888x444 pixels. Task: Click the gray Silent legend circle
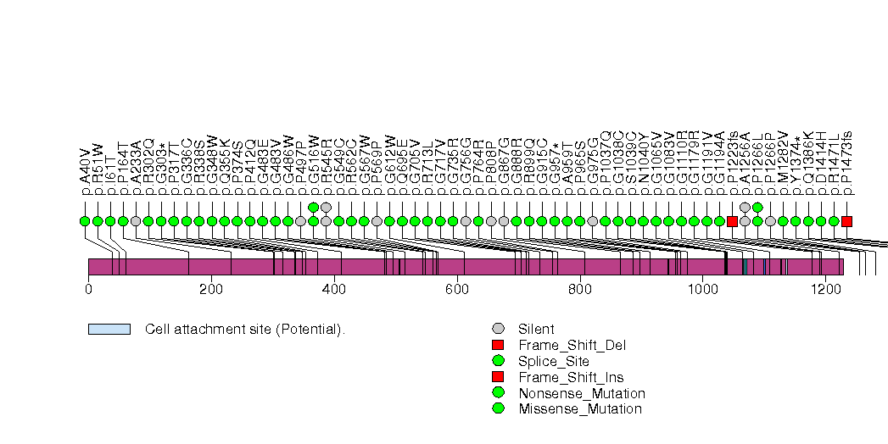click(498, 329)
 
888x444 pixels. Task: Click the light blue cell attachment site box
click(109, 329)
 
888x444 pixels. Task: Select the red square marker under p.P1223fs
click(732, 221)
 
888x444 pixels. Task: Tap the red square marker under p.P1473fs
click(846, 221)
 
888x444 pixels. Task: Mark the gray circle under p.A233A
click(136, 221)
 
